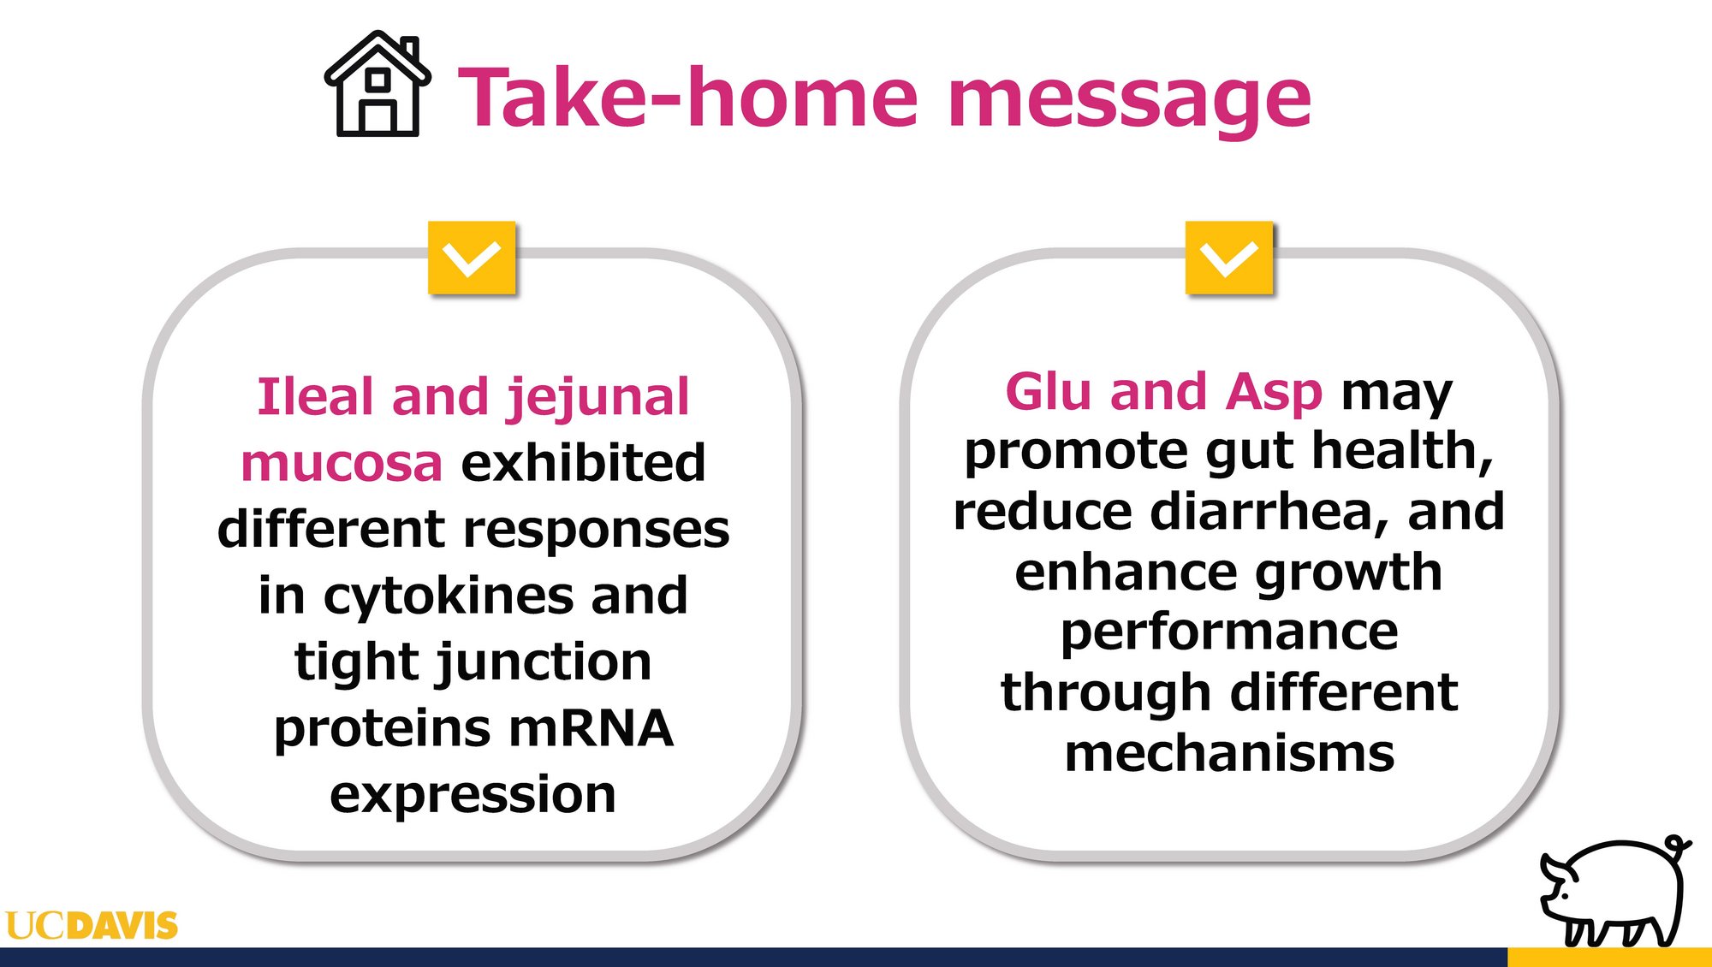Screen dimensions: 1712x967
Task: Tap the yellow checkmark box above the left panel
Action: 472,258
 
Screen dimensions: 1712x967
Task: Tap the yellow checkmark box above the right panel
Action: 1228,258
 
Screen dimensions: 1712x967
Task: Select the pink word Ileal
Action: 315,397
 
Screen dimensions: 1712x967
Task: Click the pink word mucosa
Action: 342,464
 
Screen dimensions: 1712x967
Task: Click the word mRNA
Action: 591,728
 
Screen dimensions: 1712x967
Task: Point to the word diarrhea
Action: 1269,512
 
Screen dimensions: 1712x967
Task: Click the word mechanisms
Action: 1229,753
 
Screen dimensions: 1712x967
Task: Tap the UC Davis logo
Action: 92,925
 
